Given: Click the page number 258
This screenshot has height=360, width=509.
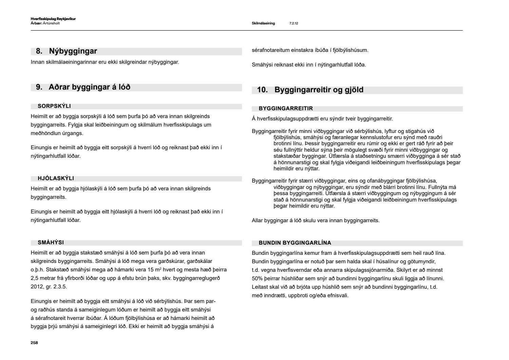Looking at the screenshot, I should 34,343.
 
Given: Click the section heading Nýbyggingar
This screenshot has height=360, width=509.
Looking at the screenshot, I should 73,51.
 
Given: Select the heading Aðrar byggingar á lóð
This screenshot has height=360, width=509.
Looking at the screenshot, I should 90,87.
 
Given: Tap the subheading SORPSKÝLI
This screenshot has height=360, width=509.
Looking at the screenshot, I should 54,106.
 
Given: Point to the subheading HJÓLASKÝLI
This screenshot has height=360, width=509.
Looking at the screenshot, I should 56,178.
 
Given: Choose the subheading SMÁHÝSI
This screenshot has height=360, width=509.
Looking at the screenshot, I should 51,243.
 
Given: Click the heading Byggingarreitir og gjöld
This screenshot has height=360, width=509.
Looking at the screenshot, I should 319,90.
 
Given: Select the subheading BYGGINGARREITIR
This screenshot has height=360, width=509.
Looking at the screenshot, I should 286,109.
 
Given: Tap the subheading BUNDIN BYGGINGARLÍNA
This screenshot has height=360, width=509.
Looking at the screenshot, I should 295,243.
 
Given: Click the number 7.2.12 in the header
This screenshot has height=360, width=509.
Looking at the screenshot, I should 294,23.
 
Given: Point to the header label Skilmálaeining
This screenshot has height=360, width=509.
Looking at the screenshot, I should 263,23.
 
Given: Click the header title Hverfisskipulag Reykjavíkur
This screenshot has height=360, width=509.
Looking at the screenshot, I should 53,19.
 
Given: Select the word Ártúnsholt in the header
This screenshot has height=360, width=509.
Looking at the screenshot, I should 52,23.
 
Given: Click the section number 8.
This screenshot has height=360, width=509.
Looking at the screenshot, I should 39,51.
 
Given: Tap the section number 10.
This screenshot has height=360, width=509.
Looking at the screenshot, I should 262,90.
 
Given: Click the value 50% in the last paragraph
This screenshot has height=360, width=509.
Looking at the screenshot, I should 257,279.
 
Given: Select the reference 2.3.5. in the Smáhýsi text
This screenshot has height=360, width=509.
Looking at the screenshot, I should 61,287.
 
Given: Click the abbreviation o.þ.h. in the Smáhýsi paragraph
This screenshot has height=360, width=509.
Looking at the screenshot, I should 37,270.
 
